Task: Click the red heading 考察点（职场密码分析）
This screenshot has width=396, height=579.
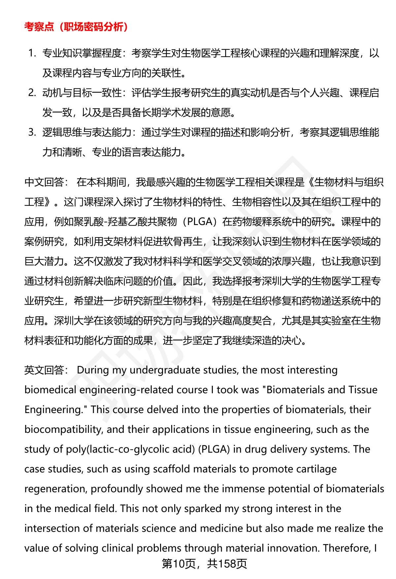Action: coord(76,27)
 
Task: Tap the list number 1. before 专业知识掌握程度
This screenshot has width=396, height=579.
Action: coord(32,53)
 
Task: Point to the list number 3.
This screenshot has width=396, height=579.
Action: coord(32,133)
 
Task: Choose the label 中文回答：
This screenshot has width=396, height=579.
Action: coord(46,182)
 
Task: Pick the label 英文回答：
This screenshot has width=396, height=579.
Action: coord(46,370)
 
